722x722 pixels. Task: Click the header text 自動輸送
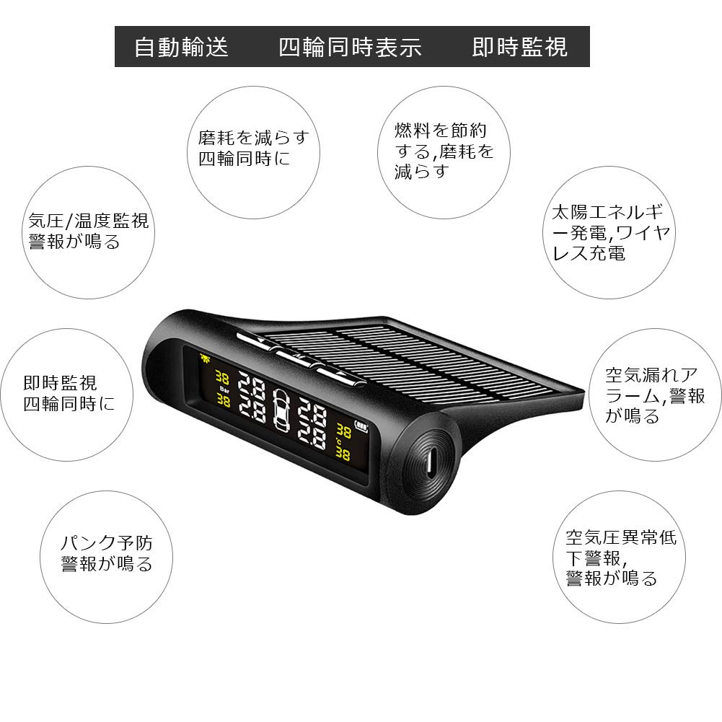(x=181, y=48)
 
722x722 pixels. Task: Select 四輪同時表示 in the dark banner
(x=350, y=48)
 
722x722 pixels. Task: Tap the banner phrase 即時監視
(x=519, y=48)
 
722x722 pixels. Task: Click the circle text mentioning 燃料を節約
(x=444, y=151)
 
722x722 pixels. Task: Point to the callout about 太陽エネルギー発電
(x=612, y=232)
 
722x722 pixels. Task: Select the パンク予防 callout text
(x=107, y=554)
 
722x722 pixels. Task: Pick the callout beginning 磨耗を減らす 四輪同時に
(x=253, y=147)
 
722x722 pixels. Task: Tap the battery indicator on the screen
(x=358, y=425)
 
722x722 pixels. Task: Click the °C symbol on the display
(x=338, y=442)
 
